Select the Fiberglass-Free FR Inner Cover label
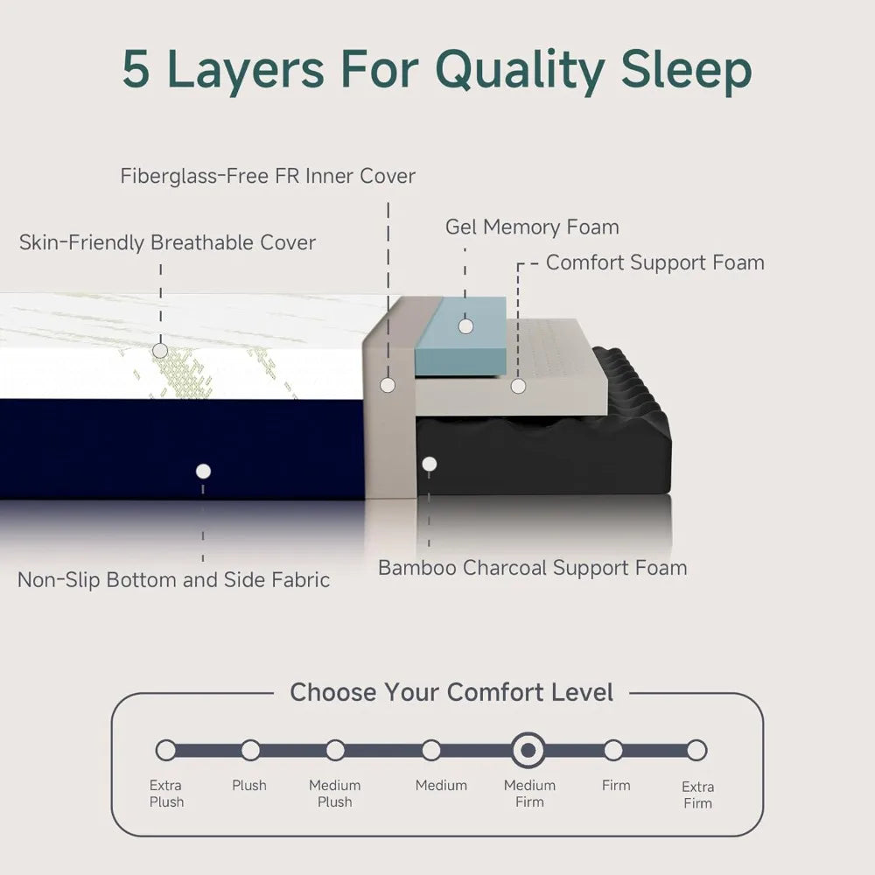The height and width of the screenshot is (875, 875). (268, 176)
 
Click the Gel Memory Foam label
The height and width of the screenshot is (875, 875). (532, 227)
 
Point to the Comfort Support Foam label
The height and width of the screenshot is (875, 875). (654, 262)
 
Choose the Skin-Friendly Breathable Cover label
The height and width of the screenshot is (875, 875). (167, 242)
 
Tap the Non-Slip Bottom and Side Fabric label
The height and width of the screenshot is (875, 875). (174, 579)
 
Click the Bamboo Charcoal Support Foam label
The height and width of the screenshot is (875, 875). (532, 568)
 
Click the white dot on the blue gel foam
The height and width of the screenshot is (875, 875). (465, 325)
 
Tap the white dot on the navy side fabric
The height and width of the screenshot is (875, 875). (203, 471)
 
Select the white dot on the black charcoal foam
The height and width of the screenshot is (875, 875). (429, 464)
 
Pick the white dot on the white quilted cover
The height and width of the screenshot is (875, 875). (160, 350)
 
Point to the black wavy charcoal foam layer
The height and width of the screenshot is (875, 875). (560, 455)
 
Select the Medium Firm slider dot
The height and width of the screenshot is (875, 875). (528, 750)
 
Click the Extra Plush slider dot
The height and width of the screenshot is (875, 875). (165, 750)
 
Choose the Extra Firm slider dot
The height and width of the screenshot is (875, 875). (696, 750)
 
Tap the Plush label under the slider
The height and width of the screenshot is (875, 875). (249, 785)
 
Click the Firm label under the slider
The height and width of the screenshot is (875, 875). (616, 785)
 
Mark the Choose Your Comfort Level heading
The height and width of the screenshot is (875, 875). (451, 693)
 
